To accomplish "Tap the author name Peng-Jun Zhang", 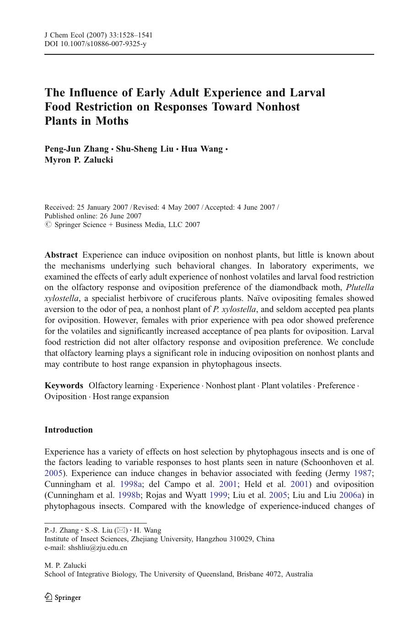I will pyautogui.click(x=76, y=149).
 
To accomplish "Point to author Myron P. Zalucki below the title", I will pyautogui.click(x=79, y=160).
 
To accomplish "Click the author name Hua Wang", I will pyautogui.click(x=202, y=149).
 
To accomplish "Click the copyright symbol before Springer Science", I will pyautogui.click(x=48, y=225).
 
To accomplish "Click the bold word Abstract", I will pyautogui.click(x=61, y=255).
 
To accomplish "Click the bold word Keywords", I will pyautogui.click(x=64, y=386).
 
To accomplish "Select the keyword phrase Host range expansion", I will pyautogui.click(x=130, y=396).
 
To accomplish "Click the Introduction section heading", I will pyautogui.click(x=69, y=430).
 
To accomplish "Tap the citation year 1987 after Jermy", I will pyautogui.click(x=363, y=473).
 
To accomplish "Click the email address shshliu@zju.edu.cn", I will pyautogui.click(x=97, y=547).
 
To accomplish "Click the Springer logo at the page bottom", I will pyautogui.click(x=63, y=597).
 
